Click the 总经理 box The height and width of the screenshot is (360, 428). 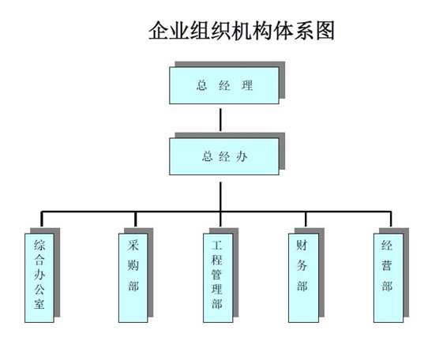(224, 85)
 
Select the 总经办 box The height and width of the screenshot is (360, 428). (224, 156)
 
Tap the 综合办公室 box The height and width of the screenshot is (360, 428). (39, 278)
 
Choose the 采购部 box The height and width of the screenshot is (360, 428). (133, 278)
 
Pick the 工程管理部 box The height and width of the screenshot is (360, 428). (218, 278)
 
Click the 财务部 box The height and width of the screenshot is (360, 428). (303, 278)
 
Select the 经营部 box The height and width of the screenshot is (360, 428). (389, 278)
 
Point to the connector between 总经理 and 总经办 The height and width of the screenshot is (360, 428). (220, 120)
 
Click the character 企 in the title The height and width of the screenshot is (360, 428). (159, 30)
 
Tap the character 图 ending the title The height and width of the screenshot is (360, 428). (325, 30)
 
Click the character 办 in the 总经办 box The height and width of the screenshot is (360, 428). (242, 156)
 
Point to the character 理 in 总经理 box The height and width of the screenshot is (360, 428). (247, 85)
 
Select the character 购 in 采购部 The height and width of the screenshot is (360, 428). (133, 265)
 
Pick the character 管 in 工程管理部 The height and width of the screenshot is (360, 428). (217, 274)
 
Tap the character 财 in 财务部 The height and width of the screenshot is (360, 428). (302, 245)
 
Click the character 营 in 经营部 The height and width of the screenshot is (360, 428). (387, 265)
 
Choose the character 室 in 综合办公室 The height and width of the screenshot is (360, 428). (39, 303)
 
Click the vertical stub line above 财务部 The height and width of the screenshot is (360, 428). (306, 219)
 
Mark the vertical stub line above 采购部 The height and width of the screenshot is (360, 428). (135, 219)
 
